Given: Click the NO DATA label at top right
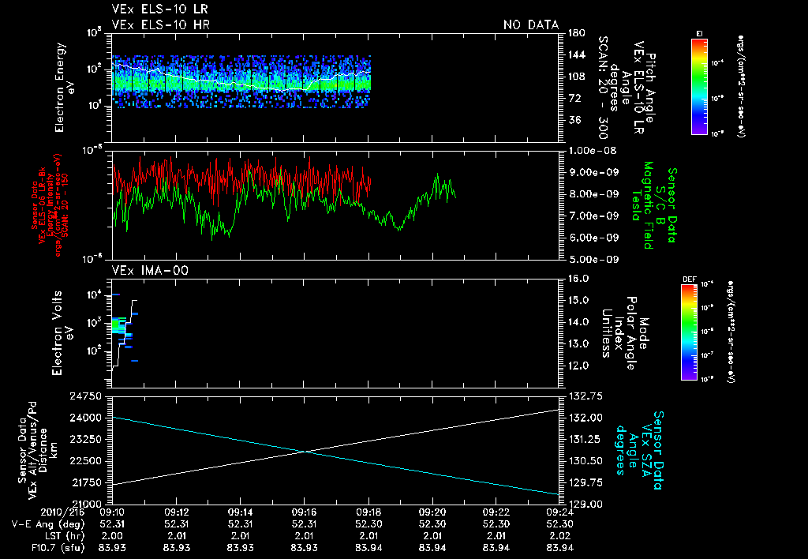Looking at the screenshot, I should click(531, 24).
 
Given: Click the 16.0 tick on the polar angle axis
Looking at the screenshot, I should click(579, 279).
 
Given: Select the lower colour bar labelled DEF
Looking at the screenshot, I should click(688, 331).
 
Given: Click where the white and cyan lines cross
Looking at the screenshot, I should click(307, 452).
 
